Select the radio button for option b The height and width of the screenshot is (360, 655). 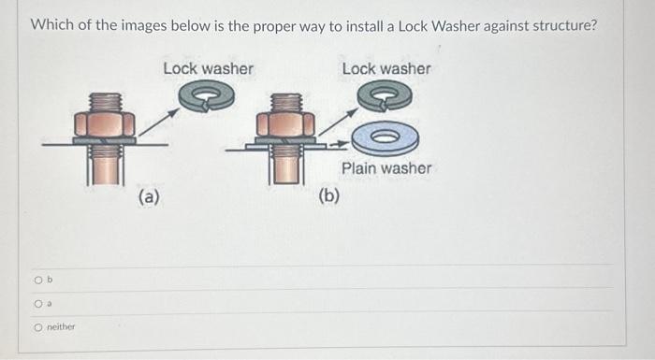(38, 280)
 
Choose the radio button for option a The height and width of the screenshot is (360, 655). (38, 304)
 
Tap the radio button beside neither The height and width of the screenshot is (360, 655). (38, 327)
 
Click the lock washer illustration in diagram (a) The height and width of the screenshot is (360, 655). (207, 95)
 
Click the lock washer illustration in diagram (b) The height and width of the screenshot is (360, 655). (385, 95)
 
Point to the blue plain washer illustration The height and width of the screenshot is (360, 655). (386, 137)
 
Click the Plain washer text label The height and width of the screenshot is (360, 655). (386, 168)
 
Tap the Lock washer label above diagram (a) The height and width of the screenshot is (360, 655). (208, 68)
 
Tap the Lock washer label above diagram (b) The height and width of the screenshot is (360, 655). (386, 68)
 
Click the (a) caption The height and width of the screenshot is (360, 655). (149, 196)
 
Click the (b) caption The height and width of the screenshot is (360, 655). (329, 195)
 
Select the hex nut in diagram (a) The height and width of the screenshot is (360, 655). (105, 124)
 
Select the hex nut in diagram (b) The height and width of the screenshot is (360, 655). (285, 124)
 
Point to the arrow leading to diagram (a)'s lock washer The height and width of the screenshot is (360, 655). (159, 122)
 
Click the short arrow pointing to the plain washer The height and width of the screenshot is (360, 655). (339, 145)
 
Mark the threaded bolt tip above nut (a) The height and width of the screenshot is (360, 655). (105, 102)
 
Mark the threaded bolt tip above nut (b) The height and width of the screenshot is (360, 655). (286, 103)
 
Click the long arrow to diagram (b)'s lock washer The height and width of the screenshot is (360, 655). (338, 122)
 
